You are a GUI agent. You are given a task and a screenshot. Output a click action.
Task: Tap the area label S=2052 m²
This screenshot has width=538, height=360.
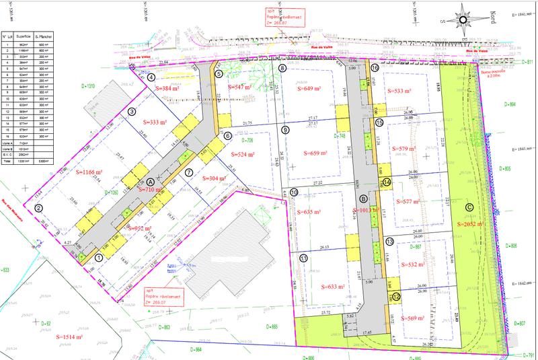point(471,223)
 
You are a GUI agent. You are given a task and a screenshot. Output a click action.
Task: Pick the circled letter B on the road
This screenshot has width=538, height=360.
point(364,199)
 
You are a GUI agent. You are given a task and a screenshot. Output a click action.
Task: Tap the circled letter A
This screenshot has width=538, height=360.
point(150,182)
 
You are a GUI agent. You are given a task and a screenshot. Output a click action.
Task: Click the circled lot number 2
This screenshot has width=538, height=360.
point(40,209)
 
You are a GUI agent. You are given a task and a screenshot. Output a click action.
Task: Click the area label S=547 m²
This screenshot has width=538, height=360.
point(241,87)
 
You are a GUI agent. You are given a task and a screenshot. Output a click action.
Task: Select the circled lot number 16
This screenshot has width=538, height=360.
point(375,68)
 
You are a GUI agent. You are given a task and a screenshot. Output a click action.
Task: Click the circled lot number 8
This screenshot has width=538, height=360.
point(282,69)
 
